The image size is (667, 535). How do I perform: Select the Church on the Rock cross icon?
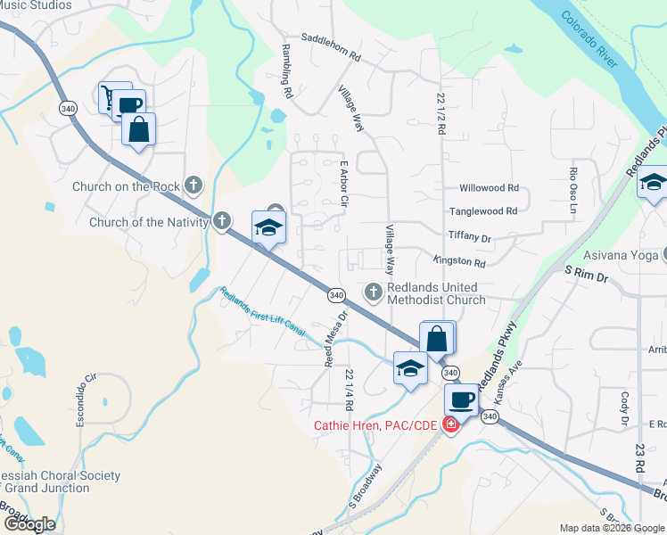194,186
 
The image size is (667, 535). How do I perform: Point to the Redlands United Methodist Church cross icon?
375,291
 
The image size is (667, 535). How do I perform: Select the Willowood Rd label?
488,188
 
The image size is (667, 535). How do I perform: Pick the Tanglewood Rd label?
483,211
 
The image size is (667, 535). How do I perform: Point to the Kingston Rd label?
458,263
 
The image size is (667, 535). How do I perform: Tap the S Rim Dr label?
585,278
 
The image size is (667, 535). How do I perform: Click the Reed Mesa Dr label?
334,339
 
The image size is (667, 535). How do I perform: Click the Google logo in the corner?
29,524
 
